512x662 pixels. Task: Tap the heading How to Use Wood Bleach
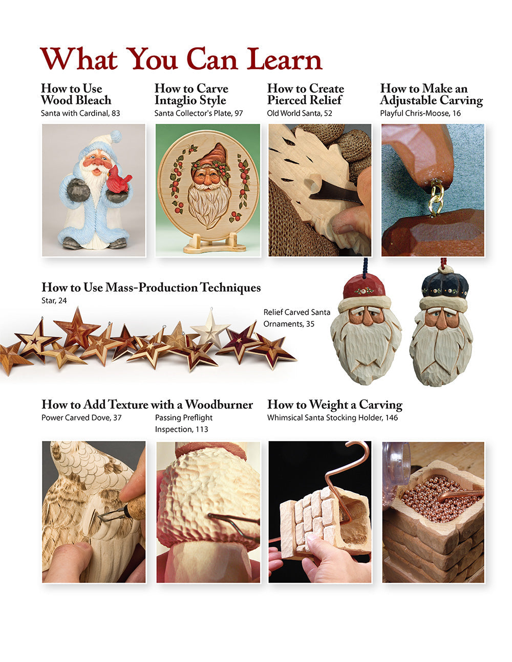tap(76, 94)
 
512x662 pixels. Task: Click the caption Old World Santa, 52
tap(300, 113)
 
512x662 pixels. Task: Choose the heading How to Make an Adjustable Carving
tap(431, 94)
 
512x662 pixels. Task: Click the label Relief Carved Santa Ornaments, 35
tap(296, 318)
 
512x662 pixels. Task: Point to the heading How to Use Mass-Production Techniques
tap(151, 288)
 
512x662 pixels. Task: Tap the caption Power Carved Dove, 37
tap(81, 417)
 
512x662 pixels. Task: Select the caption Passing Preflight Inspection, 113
tap(183, 423)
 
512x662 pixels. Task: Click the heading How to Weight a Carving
tap(334, 405)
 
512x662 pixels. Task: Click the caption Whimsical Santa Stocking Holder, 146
tap(332, 417)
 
